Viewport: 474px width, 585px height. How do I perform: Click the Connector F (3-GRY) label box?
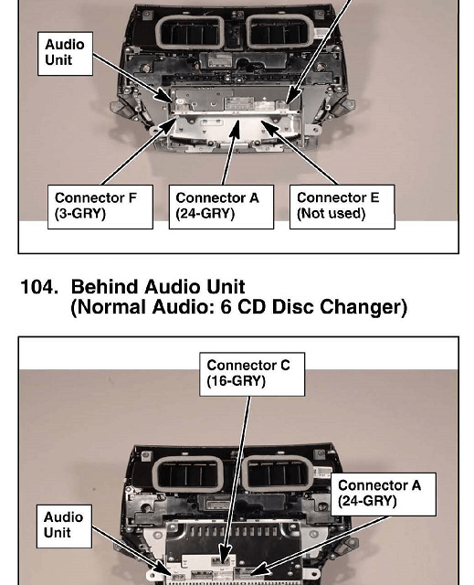(100, 207)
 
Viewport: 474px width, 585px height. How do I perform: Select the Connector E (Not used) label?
(342, 207)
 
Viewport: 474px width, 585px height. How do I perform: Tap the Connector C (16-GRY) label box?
(252, 374)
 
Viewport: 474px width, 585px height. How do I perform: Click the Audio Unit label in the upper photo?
(65, 54)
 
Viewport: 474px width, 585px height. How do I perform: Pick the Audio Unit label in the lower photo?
(64, 526)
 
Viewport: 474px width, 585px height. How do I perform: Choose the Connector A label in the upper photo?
(221, 207)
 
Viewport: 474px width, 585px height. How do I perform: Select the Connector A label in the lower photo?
(384, 495)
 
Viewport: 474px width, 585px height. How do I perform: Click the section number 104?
(39, 287)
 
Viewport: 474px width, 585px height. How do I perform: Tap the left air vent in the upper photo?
(190, 33)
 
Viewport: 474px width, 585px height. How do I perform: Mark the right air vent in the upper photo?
(279, 32)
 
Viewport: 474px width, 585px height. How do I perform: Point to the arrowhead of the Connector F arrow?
(168, 126)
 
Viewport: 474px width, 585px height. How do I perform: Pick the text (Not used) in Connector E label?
(331, 214)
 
